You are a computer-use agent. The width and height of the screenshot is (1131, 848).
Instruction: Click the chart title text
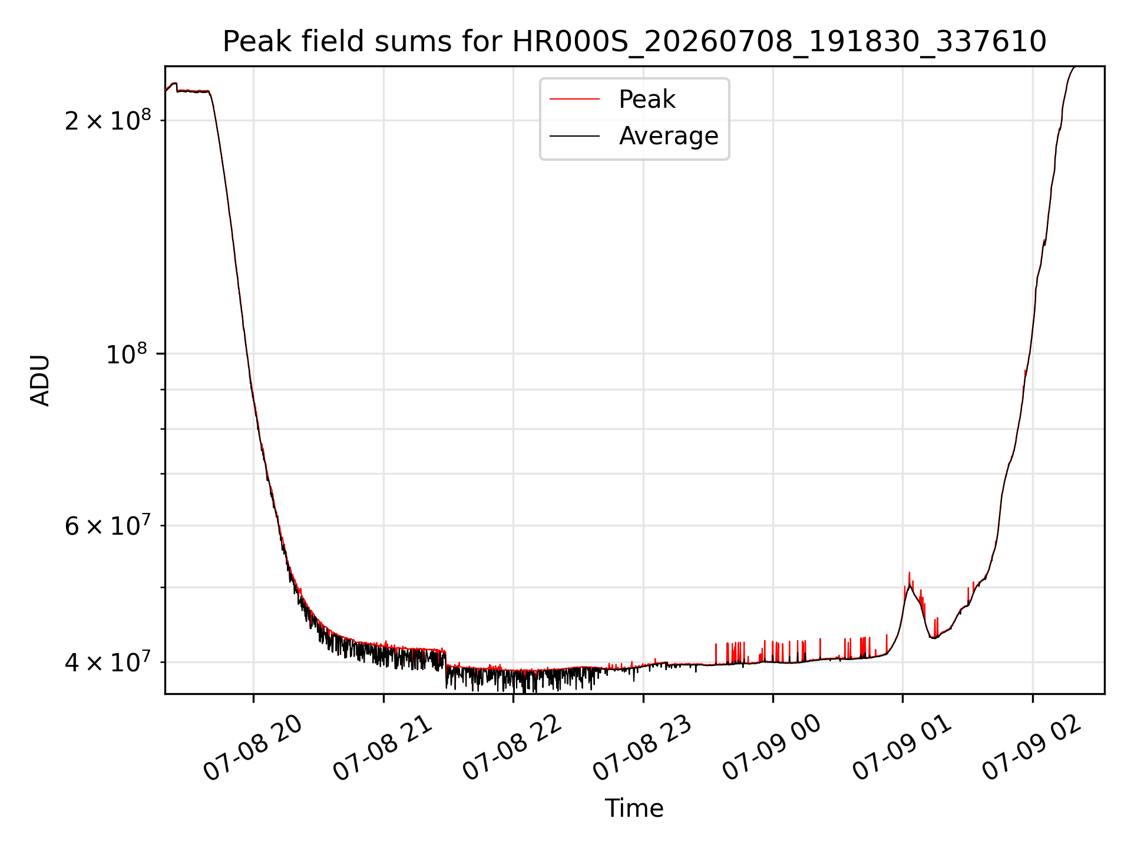634,42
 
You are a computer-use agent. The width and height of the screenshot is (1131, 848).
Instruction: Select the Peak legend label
647,100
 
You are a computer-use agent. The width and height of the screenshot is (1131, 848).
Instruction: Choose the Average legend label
669,136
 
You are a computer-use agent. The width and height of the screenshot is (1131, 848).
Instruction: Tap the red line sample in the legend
575,100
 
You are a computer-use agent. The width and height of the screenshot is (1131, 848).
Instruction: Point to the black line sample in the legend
575,136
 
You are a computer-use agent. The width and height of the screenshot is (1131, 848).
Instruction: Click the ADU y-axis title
41,380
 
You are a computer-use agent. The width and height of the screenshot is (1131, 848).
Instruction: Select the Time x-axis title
634,809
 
